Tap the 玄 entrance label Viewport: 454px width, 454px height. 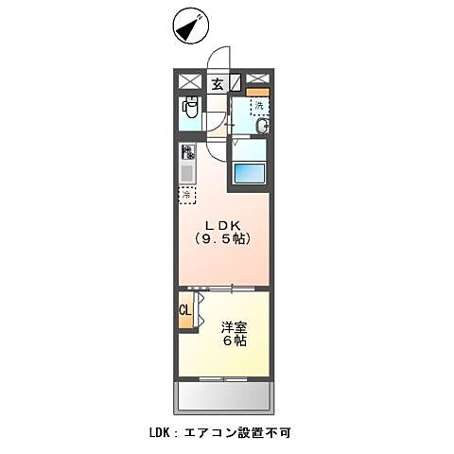217,83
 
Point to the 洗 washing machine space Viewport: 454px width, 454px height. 258,105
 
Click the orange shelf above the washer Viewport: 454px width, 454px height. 258,92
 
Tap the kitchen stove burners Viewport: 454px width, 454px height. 188,152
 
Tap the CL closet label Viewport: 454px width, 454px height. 184,310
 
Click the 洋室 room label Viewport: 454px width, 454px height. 234,326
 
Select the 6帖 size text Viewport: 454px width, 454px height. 235,341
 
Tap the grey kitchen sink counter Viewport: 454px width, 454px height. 187,173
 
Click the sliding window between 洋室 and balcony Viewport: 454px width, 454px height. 223,378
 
